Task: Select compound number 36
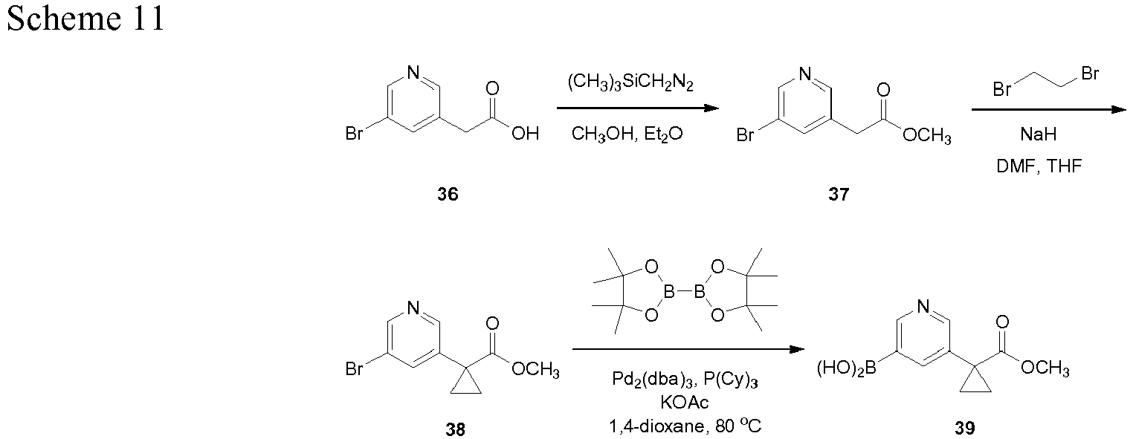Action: click(x=448, y=194)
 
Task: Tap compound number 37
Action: click(x=839, y=194)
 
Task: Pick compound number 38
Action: click(x=455, y=429)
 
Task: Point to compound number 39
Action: click(x=964, y=429)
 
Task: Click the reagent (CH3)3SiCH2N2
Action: click(x=630, y=82)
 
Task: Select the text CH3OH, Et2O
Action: click(x=627, y=134)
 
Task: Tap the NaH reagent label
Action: click(x=1039, y=134)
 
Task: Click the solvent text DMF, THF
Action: click(x=1039, y=166)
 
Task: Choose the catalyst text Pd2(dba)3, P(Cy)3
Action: click(x=685, y=380)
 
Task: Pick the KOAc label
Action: click(x=685, y=403)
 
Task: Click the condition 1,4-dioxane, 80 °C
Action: click(x=685, y=426)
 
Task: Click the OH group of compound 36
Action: click(x=525, y=134)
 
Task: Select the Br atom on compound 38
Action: click(x=354, y=369)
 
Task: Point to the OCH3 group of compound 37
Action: click(x=926, y=136)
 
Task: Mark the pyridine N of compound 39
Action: click(x=923, y=305)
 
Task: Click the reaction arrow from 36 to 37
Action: click(x=638, y=108)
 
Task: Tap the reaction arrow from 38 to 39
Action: click(x=688, y=349)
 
